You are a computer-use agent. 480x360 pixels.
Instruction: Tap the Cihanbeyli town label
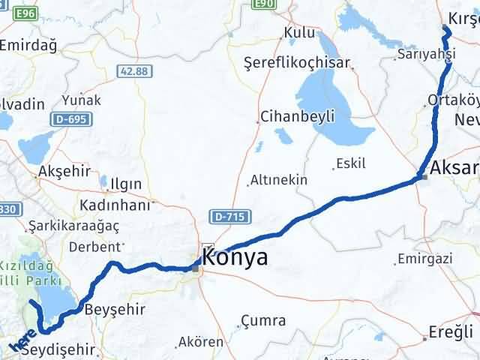click(x=298, y=116)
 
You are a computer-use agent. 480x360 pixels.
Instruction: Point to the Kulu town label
click(x=299, y=33)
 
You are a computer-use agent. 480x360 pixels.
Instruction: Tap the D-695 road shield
click(x=69, y=119)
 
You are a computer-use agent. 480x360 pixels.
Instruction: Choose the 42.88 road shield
click(x=133, y=70)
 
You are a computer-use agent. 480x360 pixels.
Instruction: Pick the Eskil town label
click(x=351, y=163)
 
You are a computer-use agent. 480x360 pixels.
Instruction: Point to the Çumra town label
click(x=263, y=320)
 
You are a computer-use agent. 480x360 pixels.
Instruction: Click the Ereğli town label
click(x=451, y=331)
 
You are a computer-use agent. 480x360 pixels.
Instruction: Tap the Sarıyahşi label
click(x=427, y=54)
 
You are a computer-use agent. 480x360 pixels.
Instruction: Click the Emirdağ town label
click(x=28, y=45)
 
